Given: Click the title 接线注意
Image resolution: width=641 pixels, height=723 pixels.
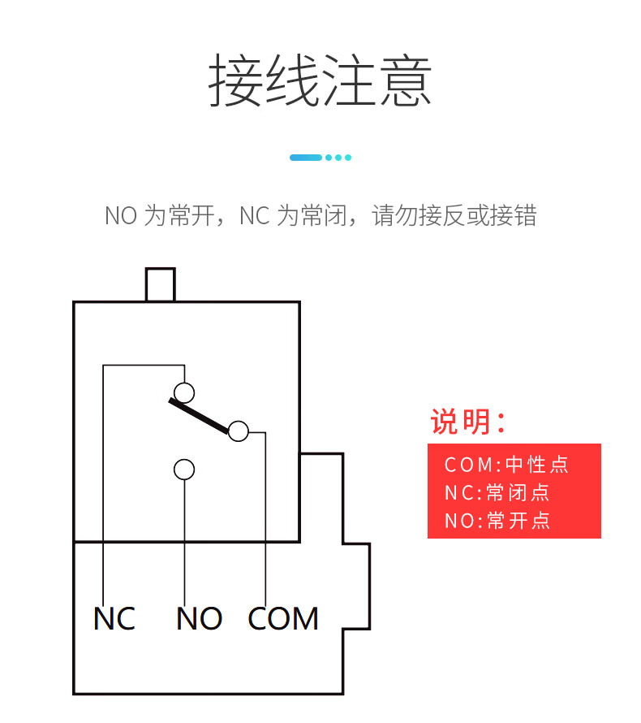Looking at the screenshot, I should (x=320, y=80).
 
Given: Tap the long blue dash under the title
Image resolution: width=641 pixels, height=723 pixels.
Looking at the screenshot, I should (x=306, y=158).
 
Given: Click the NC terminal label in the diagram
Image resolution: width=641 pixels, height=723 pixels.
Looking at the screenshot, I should (x=114, y=619).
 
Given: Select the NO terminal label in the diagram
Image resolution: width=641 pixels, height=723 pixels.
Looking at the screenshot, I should (x=199, y=619).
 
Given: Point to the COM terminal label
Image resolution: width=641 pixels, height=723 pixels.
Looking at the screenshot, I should (x=283, y=619).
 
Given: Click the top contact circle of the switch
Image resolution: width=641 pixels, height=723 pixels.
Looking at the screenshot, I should (x=185, y=393).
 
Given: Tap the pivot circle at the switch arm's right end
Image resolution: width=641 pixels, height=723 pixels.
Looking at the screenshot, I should (x=238, y=431).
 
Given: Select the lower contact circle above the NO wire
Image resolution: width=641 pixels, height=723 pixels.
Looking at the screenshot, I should (x=184, y=470).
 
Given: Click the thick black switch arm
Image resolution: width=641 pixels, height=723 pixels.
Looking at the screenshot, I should (x=200, y=414).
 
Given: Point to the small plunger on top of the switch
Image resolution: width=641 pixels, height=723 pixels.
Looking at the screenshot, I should (x=160, y=284).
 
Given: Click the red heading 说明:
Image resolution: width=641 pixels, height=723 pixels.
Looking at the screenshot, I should (x=468, y=422).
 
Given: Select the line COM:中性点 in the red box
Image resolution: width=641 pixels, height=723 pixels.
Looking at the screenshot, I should (x=506, y=465).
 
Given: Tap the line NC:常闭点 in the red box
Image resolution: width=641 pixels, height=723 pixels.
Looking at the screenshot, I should (x=497, y=492).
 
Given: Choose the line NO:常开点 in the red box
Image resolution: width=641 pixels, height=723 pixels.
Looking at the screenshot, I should (x=497, y=520).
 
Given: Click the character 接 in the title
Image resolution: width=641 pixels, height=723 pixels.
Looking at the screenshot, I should (x=236, y=80).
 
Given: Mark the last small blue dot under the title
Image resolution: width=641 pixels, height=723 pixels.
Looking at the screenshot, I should (x=348, y=158).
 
